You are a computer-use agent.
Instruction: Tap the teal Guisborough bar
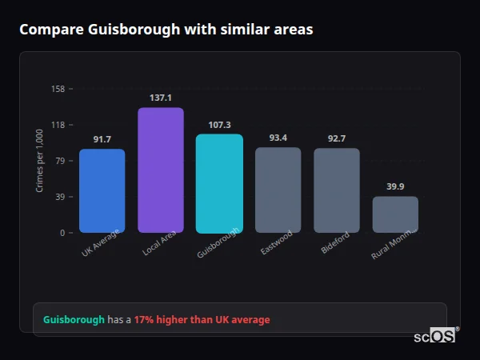[219, 183]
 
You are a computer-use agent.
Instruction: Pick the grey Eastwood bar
[278, 190]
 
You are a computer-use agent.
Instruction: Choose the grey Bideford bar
[336, 190]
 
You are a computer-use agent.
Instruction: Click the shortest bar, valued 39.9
[395, 214]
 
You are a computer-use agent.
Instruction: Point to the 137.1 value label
[161, 98]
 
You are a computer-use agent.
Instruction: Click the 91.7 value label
[102, 139]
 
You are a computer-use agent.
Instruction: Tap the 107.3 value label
[219, 125]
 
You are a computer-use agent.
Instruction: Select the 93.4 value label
[278, 138]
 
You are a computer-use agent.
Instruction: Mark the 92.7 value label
[336, 138]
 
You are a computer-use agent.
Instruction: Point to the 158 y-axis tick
[58, 89]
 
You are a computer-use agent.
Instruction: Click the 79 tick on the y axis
[60, 161]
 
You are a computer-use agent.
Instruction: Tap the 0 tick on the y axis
[62, 233]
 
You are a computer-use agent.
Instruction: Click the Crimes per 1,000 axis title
[40, 161]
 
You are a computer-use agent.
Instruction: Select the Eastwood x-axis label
[277, 243]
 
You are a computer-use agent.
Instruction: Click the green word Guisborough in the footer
[74, 319]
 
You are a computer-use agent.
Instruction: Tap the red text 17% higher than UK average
[202, 319]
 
